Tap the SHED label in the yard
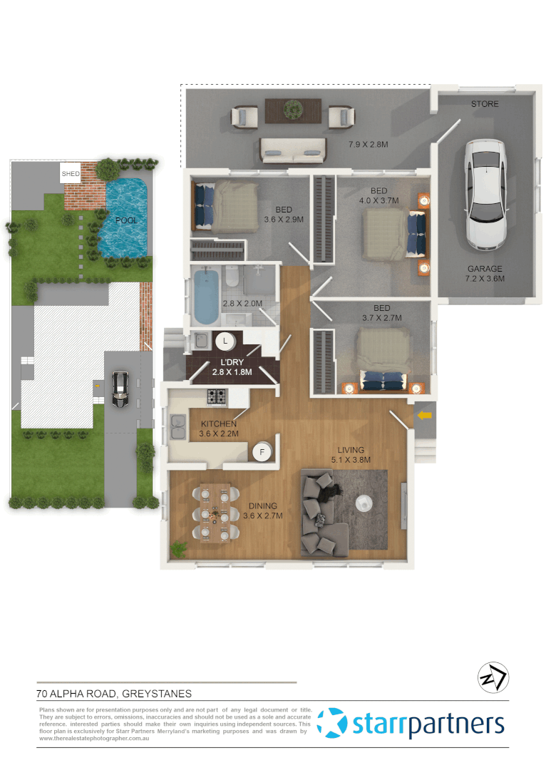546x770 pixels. [x=71, y=173]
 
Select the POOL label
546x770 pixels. [x=127, y=220]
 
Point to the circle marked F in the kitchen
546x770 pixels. [x=262, y=451]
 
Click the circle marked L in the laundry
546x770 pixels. [x=225, y=342]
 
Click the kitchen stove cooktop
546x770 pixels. [x=217, y=396]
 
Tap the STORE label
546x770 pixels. [x=485, y=104]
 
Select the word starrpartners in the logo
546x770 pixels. [x=428, y=724]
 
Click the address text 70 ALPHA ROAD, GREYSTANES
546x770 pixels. [x=114, y=693]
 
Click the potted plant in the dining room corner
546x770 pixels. [x=178, y=549]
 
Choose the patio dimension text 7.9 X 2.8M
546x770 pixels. [x=368, y=145]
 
